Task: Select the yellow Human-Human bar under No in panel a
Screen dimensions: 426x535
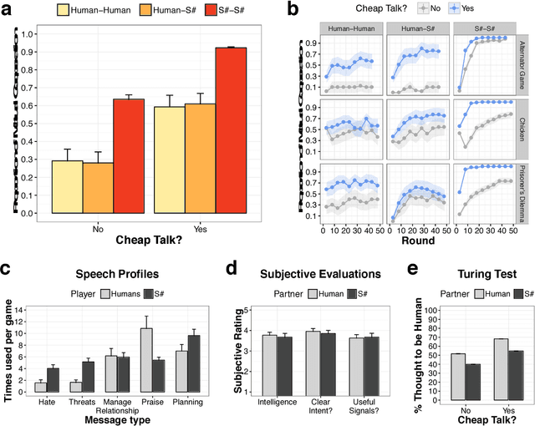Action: pos(67,187)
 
